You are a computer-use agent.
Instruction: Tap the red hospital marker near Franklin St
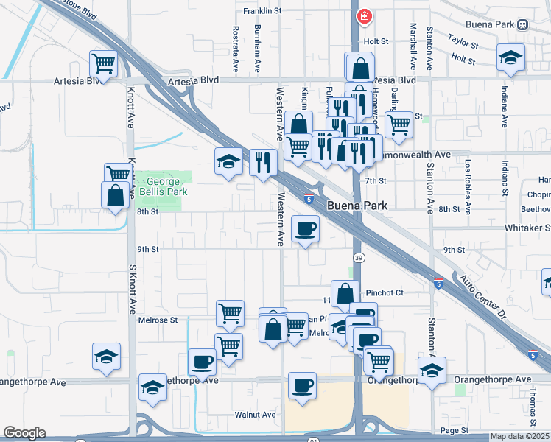pos(363,16)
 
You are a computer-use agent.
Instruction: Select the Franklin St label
pos(264,11)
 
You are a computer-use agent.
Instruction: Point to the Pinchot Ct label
pos(385,292)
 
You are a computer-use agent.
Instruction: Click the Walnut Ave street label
pos(255,415)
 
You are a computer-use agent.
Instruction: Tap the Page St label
pos(455,430)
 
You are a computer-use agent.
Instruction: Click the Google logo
pos(24,433)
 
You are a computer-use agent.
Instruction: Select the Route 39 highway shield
pos(357,257)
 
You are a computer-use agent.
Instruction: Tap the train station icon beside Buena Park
pos(522,24)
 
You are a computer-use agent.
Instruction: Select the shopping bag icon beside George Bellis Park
pos(116,195)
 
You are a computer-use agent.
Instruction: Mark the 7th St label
pos(376,180)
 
